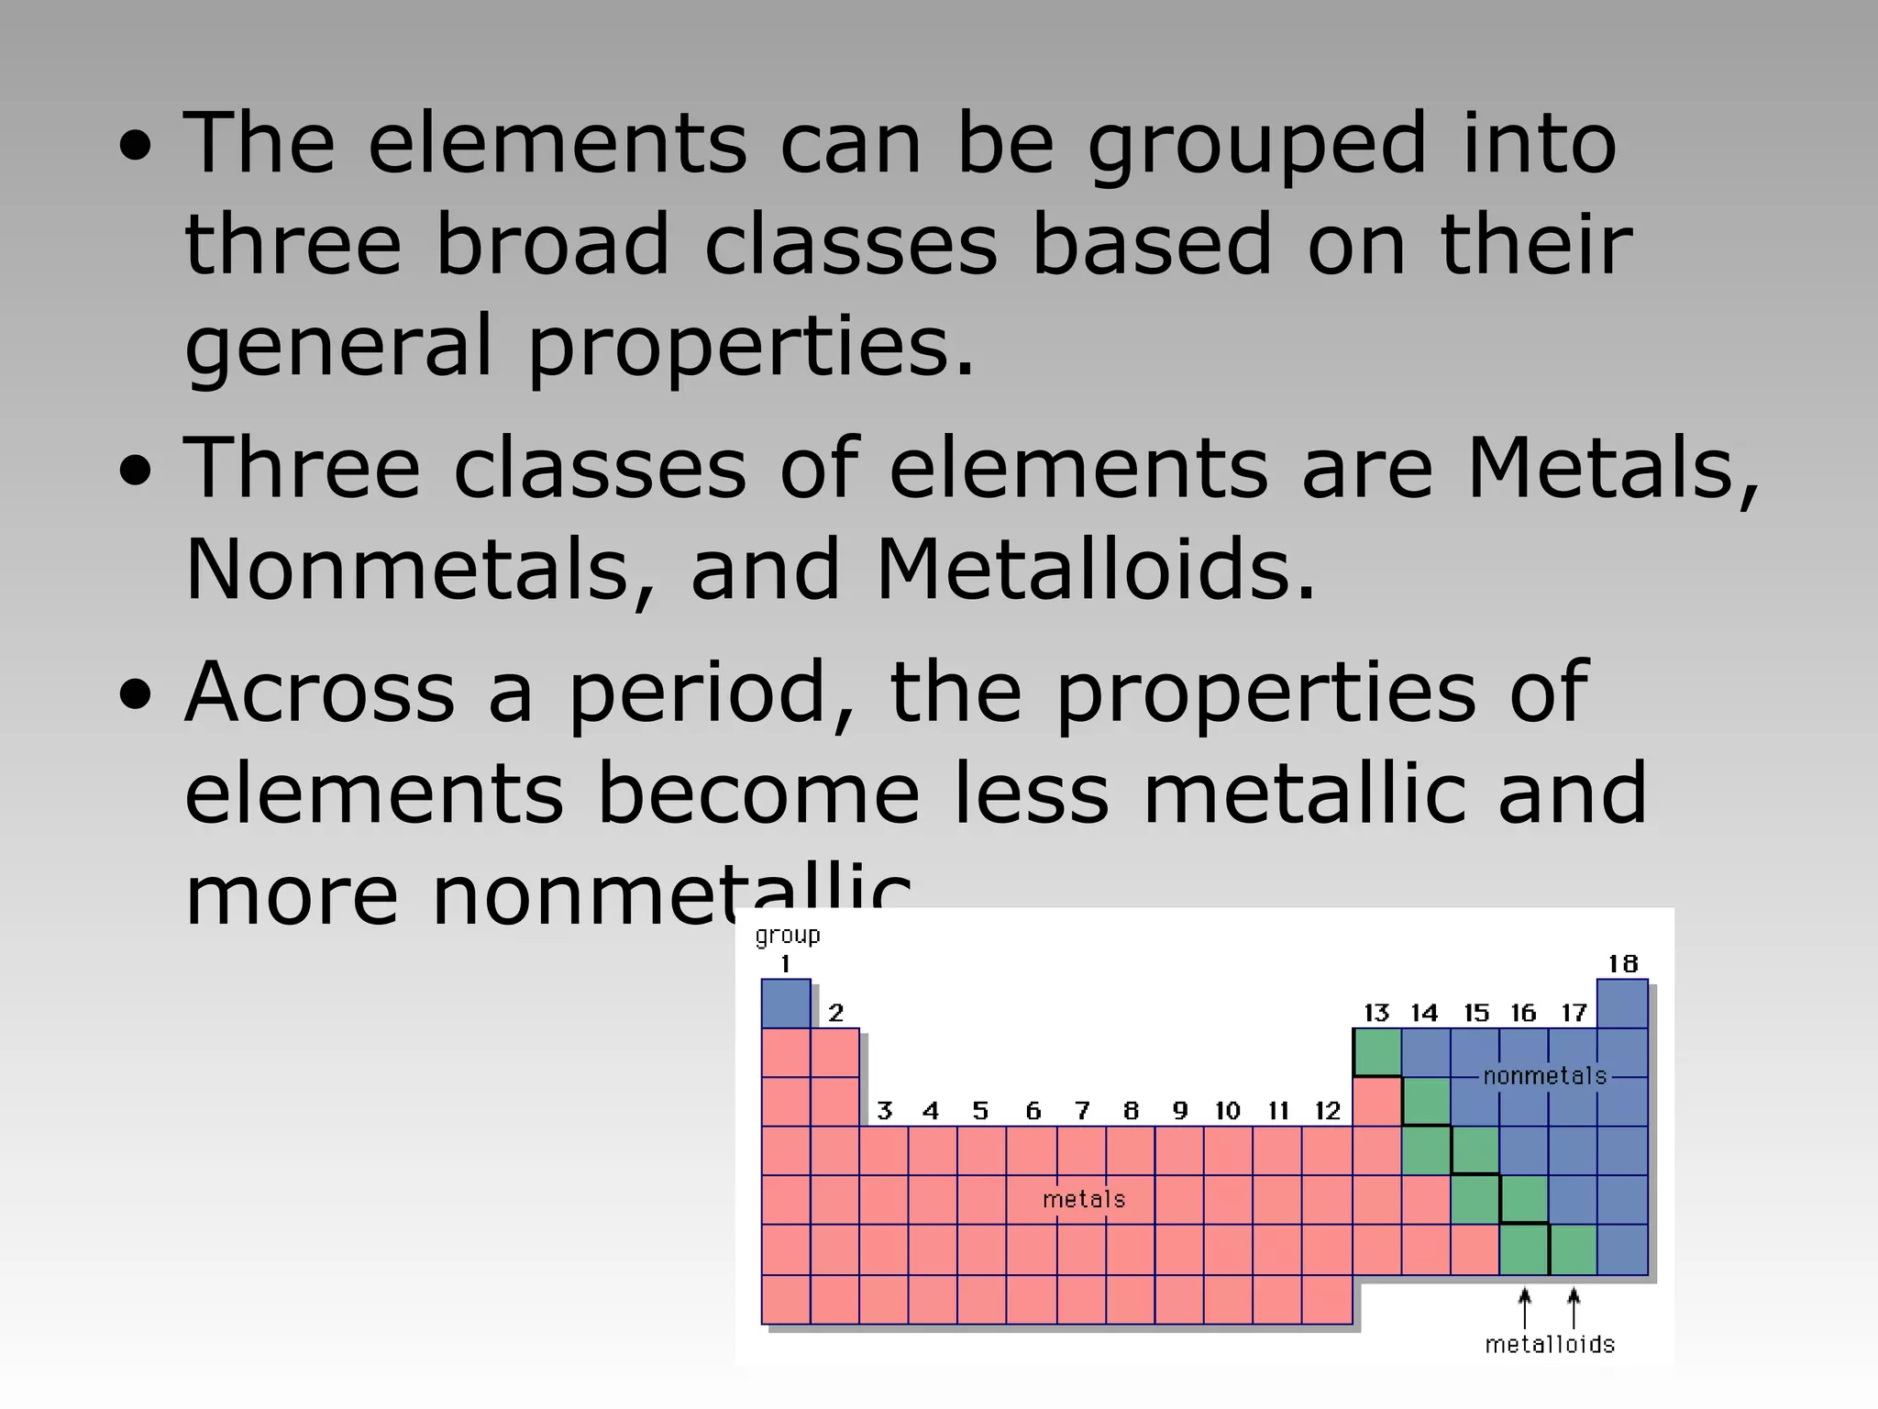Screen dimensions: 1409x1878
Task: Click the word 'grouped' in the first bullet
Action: pos(1257,145)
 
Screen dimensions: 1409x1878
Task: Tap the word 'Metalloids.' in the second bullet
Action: pos(1096,570)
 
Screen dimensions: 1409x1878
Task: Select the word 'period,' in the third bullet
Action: pos(712,693)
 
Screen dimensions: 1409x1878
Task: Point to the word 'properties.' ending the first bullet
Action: pos(751,347)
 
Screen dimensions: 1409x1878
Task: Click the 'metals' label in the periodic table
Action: pos(1084,1199)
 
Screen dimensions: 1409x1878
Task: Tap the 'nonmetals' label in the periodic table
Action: pos(1545,1076)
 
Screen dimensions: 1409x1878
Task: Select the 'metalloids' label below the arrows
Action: pos(1550,1344)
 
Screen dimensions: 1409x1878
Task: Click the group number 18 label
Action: pos(1622,964)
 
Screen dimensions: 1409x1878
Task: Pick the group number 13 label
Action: pos(1376,1013)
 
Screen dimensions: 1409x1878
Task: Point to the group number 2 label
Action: pos(835,1013)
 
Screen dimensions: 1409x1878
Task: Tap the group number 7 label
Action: pos(1082,1111)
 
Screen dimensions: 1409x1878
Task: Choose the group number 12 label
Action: pos(1328,1111)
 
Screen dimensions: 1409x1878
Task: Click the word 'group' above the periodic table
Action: pos(787,936)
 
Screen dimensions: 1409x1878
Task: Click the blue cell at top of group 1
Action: pos(786,1004)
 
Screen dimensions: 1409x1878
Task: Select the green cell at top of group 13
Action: pos(1376,1052)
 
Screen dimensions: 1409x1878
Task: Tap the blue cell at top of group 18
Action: pos(1622,1004)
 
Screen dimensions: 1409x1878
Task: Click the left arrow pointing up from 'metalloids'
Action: pos(1524,1308)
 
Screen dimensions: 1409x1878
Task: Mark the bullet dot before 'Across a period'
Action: pos(136,694)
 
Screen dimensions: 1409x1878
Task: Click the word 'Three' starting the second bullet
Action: pos(302,469)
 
